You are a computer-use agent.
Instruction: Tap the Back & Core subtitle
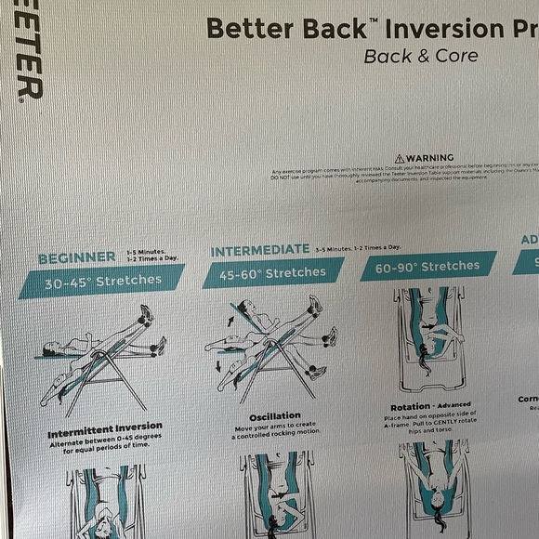point(421,56)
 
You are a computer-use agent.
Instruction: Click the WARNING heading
point(429,158)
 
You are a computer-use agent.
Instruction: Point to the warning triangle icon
point(400,159)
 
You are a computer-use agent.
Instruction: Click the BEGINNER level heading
point(77,256)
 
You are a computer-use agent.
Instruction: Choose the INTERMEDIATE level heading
point(260,250)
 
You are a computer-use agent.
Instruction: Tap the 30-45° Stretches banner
point(102,280)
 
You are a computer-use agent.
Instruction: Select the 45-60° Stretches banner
point(272,273)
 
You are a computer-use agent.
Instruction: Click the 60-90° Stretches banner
point(427,267)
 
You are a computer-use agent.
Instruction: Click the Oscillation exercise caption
point(275,415)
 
